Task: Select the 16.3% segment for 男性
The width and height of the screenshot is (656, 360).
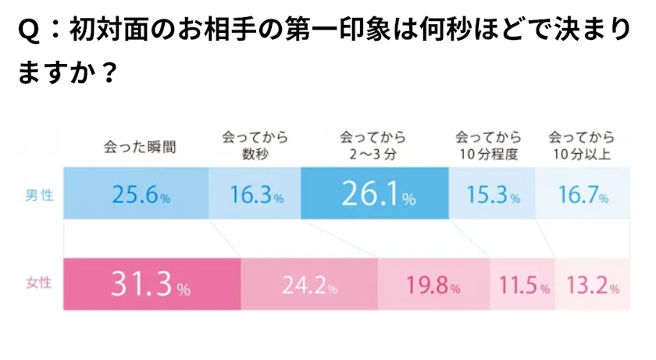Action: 255,194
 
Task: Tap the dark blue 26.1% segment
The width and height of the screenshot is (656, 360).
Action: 375,194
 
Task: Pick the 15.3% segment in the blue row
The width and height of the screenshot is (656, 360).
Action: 491,194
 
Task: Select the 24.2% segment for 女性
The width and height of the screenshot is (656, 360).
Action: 309,286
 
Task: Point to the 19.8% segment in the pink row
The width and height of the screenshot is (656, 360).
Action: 433,286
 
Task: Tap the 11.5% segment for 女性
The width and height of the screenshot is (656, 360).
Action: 521,286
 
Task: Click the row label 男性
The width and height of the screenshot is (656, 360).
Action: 40,194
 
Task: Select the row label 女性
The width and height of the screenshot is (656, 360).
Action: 40,284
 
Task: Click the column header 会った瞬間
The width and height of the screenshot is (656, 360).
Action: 140,146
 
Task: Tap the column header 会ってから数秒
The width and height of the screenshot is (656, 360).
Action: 255,145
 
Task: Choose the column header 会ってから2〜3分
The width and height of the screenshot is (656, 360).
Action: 373,145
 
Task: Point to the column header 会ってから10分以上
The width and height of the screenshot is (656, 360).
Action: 581,145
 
